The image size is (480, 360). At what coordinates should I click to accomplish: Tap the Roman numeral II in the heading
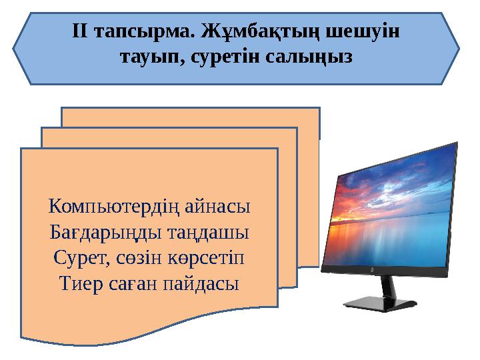click(x=81, y=31)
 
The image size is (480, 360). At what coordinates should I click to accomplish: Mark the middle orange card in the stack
click(x=167, y=137)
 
